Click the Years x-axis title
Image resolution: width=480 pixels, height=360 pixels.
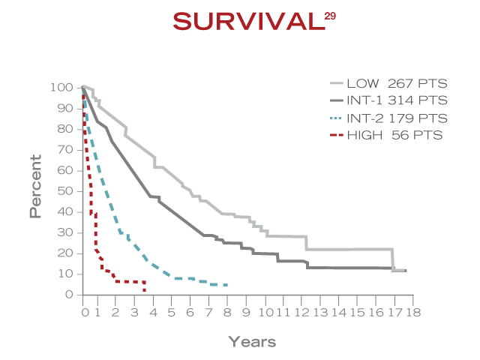coord(252,342)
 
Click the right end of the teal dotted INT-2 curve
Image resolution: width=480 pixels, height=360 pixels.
coord(226,285)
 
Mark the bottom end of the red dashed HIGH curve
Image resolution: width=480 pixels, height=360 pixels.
coord(144,291)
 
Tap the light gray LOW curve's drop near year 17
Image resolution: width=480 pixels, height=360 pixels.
coord(392,259)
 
